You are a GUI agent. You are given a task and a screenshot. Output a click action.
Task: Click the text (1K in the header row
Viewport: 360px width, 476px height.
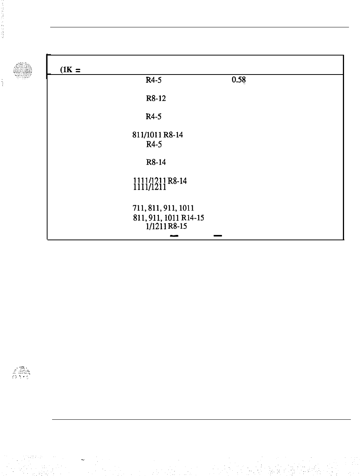(64, 70)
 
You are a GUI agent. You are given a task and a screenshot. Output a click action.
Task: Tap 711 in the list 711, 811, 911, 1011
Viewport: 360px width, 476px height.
(137, 208)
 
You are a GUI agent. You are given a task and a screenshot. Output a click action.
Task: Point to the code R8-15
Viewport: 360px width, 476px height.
(176, 226)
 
